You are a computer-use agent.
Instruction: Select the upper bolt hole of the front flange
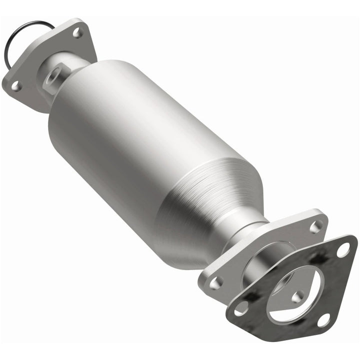[77, 32]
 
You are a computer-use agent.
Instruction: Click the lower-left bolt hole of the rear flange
[216, 283]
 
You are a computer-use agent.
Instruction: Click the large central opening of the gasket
[290, 290]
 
